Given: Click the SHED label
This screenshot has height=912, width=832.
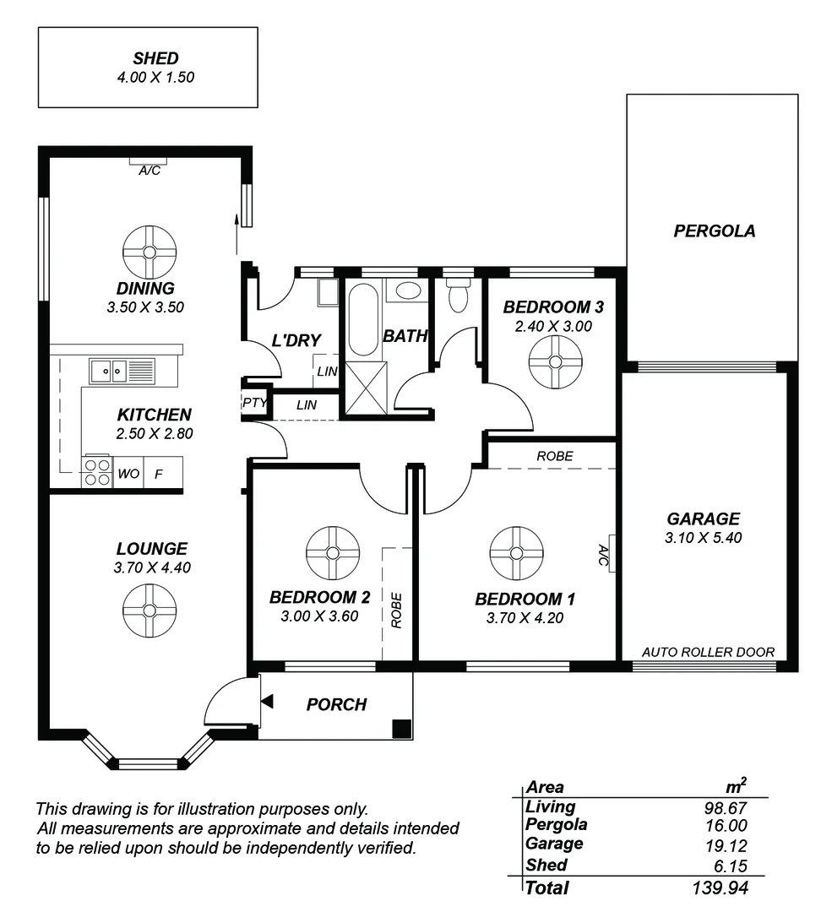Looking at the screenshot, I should [x=156, y=58].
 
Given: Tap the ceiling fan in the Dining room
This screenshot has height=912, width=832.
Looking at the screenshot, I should [x=150, y=252].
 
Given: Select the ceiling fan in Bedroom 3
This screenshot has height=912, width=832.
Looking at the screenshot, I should [x=556, y=362].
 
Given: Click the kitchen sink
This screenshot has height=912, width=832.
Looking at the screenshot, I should [x=108, y=370].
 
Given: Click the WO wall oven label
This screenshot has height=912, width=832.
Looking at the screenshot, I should [x=128, y=475].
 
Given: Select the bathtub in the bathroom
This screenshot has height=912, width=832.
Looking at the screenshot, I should [x=364, y=319].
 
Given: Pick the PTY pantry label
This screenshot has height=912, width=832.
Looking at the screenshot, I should [x=254, y=404].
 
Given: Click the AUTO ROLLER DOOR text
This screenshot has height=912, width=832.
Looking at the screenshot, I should [x=708, y=653].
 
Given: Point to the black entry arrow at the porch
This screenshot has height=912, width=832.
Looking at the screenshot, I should [x=267, y=701].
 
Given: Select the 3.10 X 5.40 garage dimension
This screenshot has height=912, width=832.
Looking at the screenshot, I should [x=703, y=538].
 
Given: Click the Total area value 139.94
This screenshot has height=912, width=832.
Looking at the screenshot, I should [x=720, y=888].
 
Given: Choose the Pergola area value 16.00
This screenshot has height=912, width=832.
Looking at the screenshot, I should [x=727, y=825].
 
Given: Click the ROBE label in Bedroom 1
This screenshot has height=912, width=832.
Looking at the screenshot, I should [x=554, y=456].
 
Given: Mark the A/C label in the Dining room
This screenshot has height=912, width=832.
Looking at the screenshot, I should [x=150, y=170].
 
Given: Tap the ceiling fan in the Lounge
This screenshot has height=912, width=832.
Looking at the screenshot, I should [x=150, y=611].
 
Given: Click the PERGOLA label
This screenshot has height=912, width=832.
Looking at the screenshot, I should [x=714, y=231].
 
